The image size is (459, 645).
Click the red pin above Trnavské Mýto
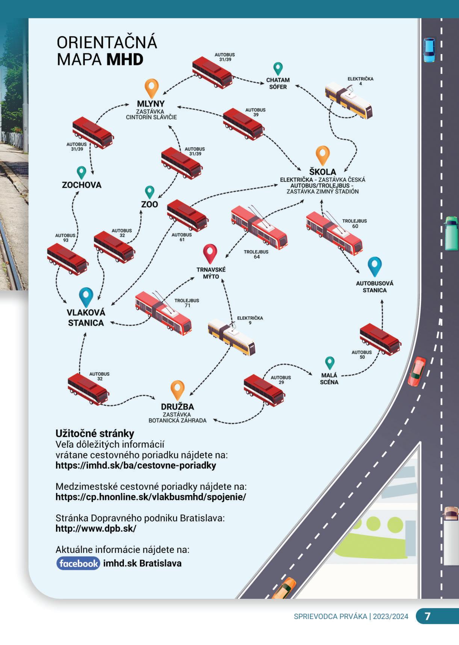click(x=210, y=253)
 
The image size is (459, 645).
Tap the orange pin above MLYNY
click(x=151, y=88)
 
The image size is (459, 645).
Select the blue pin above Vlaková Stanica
click(x=86, y=297)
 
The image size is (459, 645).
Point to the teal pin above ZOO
click(x=149, y=192)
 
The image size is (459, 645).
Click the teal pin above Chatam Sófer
click(x=278, y=69)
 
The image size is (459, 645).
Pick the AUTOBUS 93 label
click(x=65, y=238)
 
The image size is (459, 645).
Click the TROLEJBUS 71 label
click(x=187, y=303)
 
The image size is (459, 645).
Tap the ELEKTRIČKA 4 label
click(x=360, y=81)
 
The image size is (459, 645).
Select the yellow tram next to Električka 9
click(x=231, y=337)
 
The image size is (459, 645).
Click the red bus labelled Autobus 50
click(x=380, y=339)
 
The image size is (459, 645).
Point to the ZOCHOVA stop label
click(x=82, y=185)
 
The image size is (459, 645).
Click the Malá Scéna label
click(x=329, y=379)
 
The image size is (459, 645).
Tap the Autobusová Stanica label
click(x=374, y=287)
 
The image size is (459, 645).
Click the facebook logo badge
click(x=78, y=563)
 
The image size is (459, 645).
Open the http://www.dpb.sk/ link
click(x=96, y=529)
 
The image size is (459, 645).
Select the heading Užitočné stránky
click(x=95, y=434)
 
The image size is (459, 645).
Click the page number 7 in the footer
click(x=427, y=616)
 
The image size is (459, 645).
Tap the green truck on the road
click(x=451, y=233)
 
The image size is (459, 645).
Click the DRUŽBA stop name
click(x=177, y=406)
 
